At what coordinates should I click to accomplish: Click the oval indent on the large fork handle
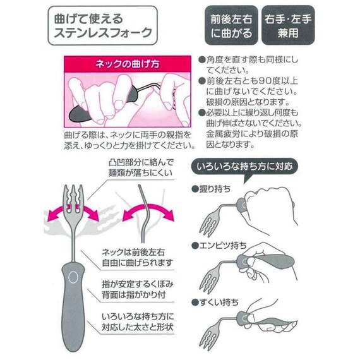coord(73,277)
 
